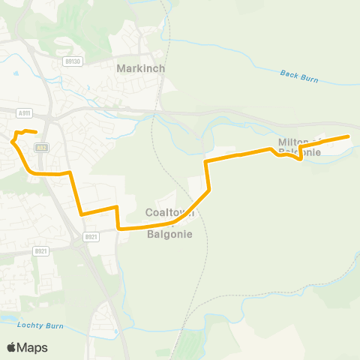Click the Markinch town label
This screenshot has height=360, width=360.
pos(141,68)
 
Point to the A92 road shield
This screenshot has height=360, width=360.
pos(42,147)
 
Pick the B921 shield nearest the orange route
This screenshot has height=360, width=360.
pos(91,237)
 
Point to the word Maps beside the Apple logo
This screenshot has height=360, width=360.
pos(33,347)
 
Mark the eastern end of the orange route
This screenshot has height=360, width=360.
pos(349,136)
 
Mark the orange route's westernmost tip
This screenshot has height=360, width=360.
pos(11,139)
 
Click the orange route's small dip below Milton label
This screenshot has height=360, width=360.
pos(300,158)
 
